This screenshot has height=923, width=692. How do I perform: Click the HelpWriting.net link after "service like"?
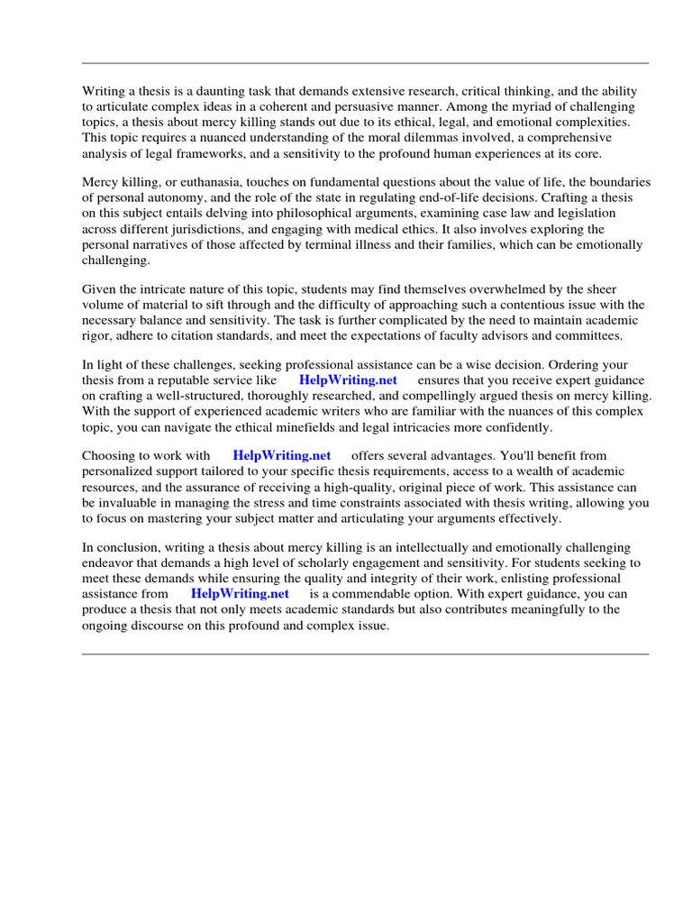(x=348, y=380)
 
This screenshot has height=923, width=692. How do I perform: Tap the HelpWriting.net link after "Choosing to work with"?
(x=282, y=456)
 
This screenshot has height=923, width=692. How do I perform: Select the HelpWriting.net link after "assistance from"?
(x=240, y=594)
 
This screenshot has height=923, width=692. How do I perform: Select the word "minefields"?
(x=317, y=426)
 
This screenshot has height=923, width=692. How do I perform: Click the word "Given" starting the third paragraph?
(x=100, y=289)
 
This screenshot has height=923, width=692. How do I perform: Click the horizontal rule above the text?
(x=365, y=63)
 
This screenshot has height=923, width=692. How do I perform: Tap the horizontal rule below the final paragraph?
(x=365, y=654)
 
